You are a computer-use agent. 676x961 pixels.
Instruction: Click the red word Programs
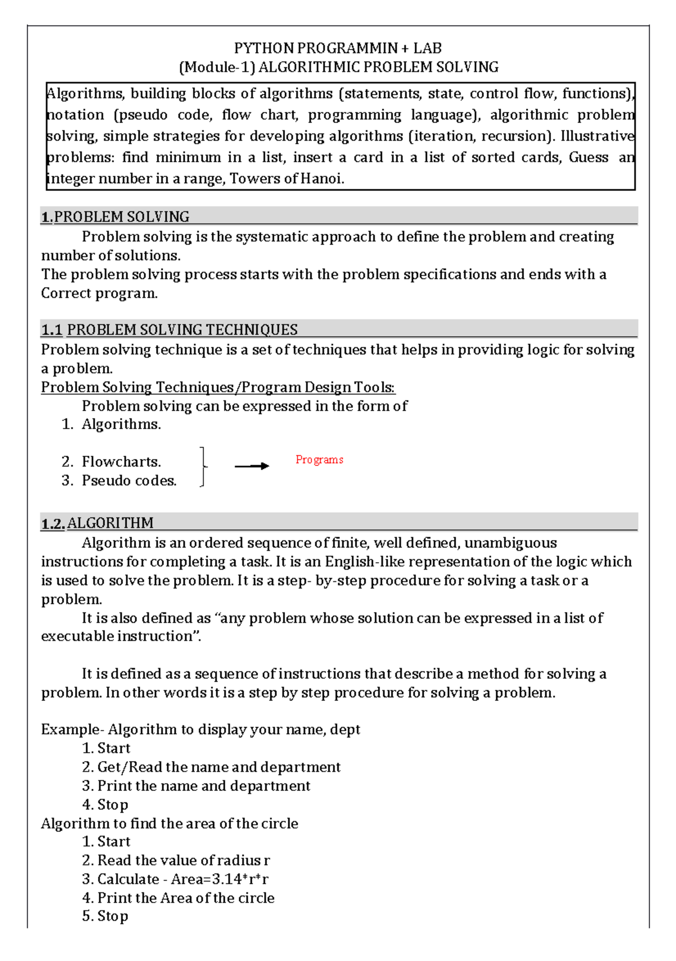(x=319, y=460)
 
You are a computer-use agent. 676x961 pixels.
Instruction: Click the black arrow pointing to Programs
(x=252, y=466)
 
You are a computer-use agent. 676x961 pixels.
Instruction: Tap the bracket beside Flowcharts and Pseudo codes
(x=203, y=466)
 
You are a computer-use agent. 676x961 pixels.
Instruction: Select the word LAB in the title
(x=428, y=48)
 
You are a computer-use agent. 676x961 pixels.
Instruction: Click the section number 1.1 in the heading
(x=51, y=330)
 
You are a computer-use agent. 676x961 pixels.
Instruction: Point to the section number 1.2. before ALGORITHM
(x=53, y=523)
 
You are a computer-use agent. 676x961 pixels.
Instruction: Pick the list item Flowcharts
(x=121, y=462)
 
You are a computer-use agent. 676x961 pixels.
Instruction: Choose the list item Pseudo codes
(x=129, y=480)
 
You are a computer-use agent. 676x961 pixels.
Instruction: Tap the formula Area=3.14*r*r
(x=220, y=879)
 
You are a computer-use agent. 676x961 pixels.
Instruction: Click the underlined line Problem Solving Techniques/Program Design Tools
(x=218, y=388)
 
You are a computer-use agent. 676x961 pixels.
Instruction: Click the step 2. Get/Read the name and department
(x=211, y=767)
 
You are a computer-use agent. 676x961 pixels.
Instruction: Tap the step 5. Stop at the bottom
(x=105, y=916)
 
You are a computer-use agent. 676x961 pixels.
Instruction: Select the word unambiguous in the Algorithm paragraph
(x=510, y=543)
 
